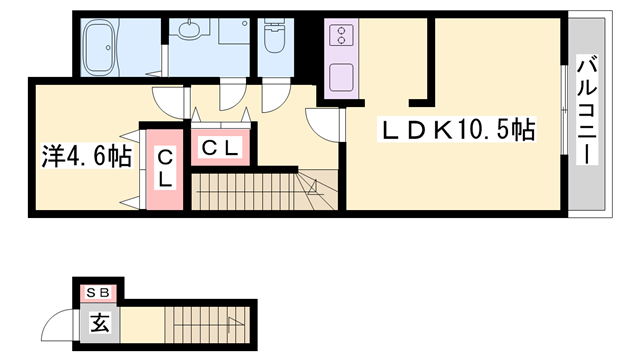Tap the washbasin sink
pyautogui.click(x=189, y=29)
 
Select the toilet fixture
pyautogui.click(x=275, y=36)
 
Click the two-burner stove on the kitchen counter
pyautogui.click(x=341, y=35)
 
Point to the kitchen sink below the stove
pyautogui.click(x=341, y=78)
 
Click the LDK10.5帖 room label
pyautogui.click(x=457, y=129)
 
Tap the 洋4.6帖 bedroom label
pyautogui.click(x=87, y=156)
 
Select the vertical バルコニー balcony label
pyautogui.click(x=587, y=110)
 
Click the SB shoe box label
pyautogui.click(x=98, y=292)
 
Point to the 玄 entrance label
pyautogui.click(x=100, y=322)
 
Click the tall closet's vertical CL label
pyautogui.click(x=165, y=168)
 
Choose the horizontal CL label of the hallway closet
pyautogui.click(x=220, y=148)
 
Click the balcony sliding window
pyautogui.click(x=564, y=110)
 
